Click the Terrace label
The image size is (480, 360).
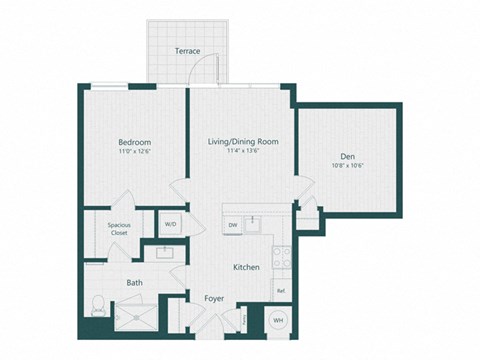pos(186,49)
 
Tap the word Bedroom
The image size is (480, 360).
pos(133,142)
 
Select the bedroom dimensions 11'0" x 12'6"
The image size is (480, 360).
pos(133,153)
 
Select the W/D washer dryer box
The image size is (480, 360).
pos(171,225)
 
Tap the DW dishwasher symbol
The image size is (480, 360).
pos(232,225)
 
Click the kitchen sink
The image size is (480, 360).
pos(256,222)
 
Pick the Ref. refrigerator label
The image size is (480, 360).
pos(280,291)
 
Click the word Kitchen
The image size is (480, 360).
pos(247,268)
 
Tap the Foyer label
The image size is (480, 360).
pos(214,298)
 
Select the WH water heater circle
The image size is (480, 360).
pos(277,321)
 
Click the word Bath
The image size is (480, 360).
pos(134,283)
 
